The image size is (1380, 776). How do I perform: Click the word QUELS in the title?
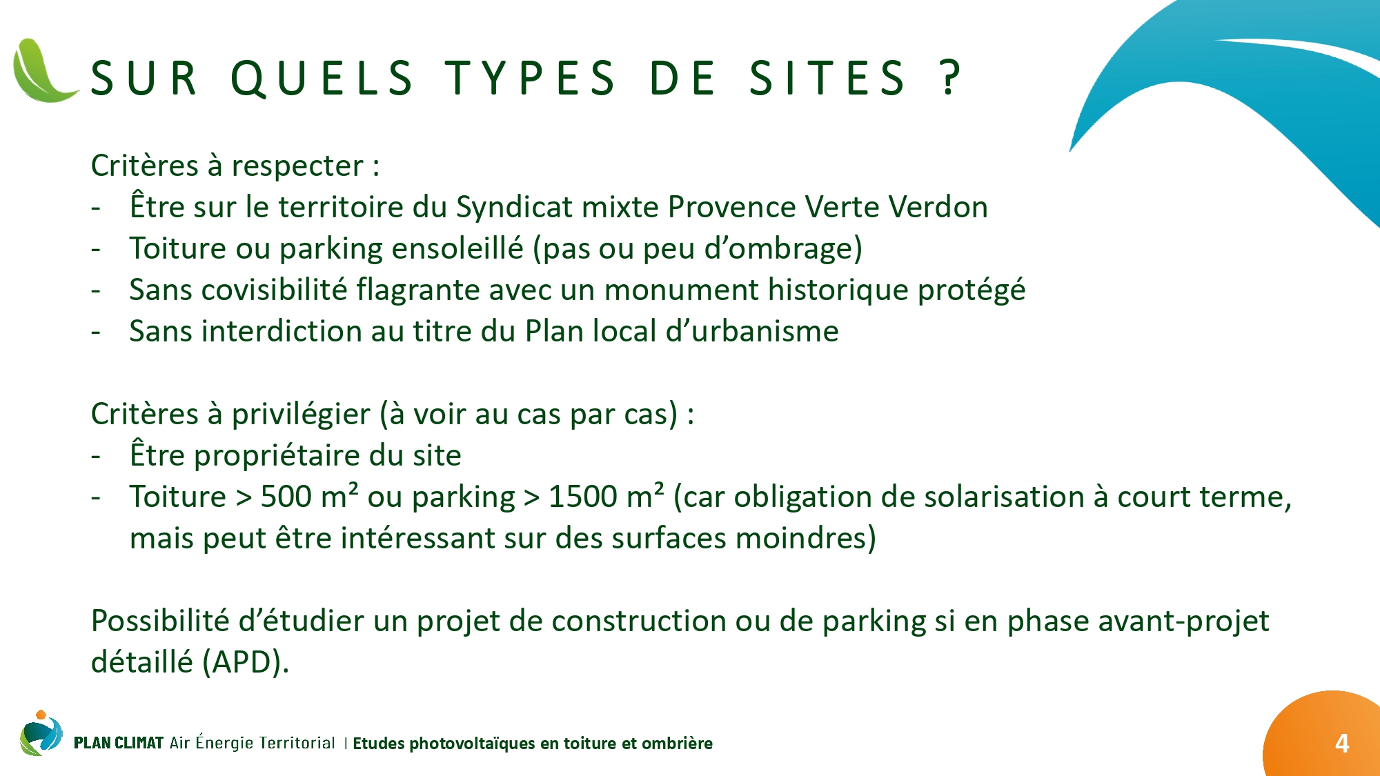click(x=322, y=78)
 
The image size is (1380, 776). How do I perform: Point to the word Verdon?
click(x=938, y=207)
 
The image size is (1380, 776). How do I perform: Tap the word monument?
click(x=682, y=290)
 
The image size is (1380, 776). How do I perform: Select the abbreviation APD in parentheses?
click(x=244, y=662)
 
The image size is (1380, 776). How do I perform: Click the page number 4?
click(x=1342, y=743)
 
